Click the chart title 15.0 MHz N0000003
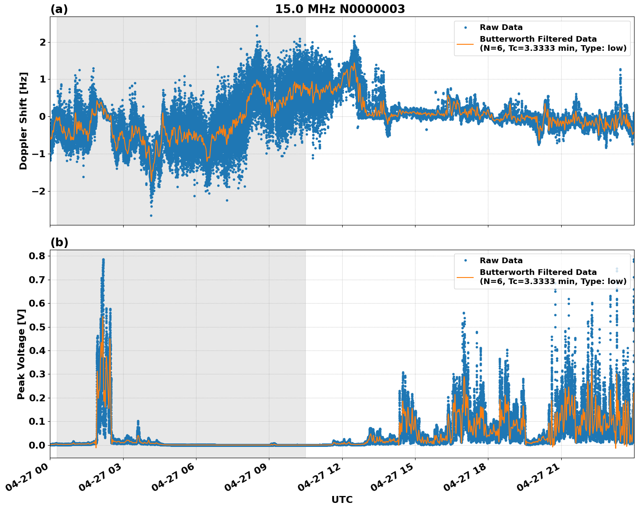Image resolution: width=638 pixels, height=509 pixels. click(340, 9)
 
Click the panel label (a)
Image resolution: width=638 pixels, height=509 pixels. click(59, 9)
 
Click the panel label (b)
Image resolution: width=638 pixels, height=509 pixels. click(59, 242)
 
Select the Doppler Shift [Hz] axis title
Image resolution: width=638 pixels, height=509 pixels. click(23, 121)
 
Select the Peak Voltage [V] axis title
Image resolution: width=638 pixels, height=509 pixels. click(21, 354)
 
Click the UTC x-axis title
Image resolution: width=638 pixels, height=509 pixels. click(342, 499)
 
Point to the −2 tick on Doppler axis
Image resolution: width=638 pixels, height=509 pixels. click(39, 191)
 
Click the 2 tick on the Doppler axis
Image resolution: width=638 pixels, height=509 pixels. click(43, 42)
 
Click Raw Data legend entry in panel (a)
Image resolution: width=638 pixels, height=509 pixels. click(501, 27)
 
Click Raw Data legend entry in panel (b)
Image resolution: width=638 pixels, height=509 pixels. click(501, 261)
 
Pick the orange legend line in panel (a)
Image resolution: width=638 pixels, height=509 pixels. click(465, 43)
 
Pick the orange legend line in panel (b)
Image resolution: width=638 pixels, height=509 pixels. click(465, 277)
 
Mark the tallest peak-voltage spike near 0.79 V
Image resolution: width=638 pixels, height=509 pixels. click(103, 260)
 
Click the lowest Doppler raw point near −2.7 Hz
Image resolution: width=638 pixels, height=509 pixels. click(151, 215)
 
